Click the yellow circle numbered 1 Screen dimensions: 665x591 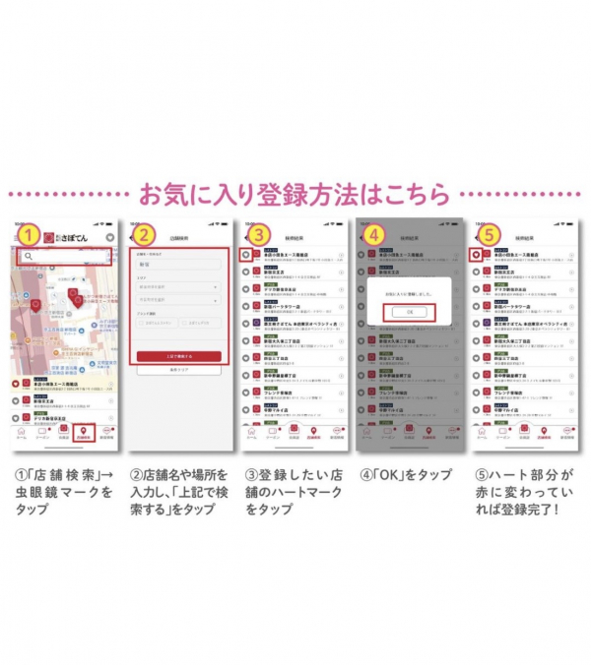click(31, 236)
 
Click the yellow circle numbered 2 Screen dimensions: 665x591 click(145, 236)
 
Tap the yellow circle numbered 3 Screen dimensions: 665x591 click(259, 236)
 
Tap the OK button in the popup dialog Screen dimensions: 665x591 click(408, 313)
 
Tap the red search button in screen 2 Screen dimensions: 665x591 click(178, 356)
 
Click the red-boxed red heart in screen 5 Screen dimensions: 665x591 click(476, 255)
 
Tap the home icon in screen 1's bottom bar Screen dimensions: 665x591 click(22, 432)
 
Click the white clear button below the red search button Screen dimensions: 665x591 click(178, 370)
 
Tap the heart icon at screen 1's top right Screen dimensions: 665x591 click(110, 237)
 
